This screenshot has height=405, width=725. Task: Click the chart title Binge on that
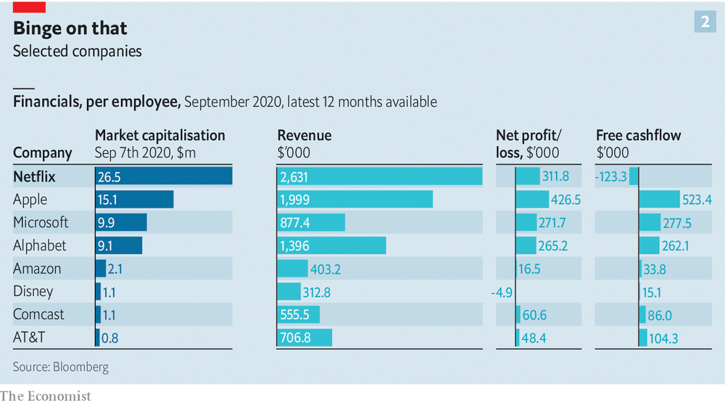70,28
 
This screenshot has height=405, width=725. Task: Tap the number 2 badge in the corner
704,22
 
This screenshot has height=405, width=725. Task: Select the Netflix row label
34,176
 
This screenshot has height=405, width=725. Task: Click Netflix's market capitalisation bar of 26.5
163,176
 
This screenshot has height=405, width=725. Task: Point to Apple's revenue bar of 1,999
355,200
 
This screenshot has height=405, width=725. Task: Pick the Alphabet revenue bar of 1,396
331,246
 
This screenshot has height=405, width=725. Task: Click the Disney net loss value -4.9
502,292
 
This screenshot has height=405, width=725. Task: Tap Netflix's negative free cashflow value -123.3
610,176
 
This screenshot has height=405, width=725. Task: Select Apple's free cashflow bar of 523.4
659,200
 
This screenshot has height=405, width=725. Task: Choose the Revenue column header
304,136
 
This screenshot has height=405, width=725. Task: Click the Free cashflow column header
638,136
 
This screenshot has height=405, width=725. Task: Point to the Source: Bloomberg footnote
60,367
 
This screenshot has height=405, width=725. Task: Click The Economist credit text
46,396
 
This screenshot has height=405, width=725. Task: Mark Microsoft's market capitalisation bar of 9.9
121,223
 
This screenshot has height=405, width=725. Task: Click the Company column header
42,152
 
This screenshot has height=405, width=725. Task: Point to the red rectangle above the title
30,7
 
